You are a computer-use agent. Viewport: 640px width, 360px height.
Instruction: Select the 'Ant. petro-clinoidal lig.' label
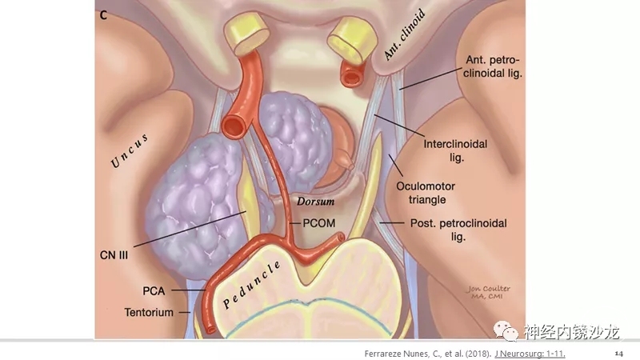(496, 67)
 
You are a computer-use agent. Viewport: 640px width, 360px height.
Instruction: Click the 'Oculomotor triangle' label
(426, 192)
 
